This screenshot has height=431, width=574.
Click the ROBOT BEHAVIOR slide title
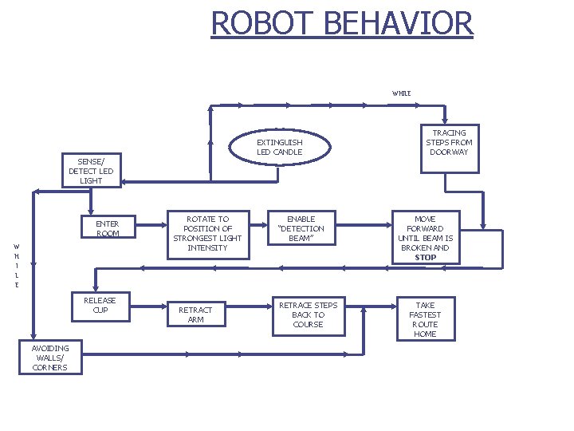click(x=342, y=23)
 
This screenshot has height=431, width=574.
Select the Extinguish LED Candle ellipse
click(x=279, y=147)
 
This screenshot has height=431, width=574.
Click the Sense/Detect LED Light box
click(x=92, y=171)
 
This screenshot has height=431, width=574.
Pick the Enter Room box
click(x=107, y=228)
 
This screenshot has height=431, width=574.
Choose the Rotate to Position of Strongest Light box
click(x=207, y=233)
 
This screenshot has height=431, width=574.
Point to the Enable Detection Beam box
click(x=301, y=228)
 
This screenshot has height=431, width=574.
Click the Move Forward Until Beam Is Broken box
click(x=425, y=237)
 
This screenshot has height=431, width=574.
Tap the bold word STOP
click(x=425, y=258)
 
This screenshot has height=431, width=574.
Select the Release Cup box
click(x=100, y=305)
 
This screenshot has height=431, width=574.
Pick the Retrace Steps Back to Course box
click(x=308, y=314)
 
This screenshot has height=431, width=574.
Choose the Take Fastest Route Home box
click(x=425, y=319)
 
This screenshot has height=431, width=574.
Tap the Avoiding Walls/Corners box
click(x=50, y=357)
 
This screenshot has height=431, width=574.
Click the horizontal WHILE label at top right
click(x=401, y=93)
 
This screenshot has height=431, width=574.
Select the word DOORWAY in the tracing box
click(x=450, y=152)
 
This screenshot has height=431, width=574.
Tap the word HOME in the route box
click(x=425, y=334)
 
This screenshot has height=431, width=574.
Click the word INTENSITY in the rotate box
click(x=207, y=247)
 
